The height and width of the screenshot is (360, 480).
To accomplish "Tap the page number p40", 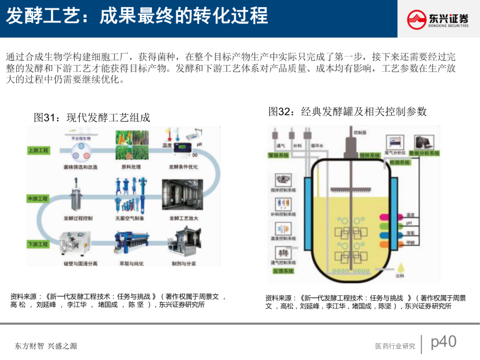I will tap(444, 342).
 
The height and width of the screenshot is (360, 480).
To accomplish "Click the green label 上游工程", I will tap(38, 150).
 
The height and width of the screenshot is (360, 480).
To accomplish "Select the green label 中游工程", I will tap(38, 199).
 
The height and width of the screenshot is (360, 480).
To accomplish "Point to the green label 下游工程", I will tap(38, 244).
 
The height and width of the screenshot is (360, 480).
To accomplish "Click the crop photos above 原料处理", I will tap(131, 145).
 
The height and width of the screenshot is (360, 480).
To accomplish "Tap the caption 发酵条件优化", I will tap(184, 167).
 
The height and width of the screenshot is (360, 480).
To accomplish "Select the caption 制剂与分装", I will tap(184, 264).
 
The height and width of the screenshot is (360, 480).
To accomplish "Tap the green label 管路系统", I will tap(279, 155).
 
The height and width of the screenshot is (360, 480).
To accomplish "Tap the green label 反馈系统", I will tap(282, 271).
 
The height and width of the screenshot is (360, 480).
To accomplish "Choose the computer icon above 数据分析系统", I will tap(424, 142).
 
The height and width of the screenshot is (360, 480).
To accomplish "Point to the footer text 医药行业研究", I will tap(395, 346).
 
